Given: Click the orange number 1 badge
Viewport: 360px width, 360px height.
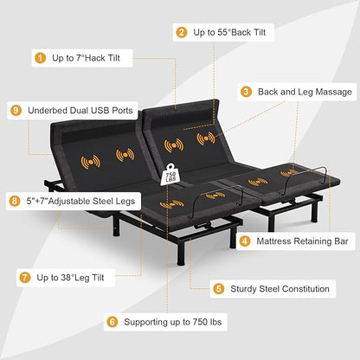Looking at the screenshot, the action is point(40,58).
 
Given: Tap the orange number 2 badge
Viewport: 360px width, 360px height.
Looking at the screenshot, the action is point(181,32).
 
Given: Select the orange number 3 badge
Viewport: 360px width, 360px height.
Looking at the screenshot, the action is point(246,92).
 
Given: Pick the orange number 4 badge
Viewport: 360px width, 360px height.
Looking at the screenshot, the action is point(245,241).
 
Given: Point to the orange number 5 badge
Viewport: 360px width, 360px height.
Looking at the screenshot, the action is point(218,289).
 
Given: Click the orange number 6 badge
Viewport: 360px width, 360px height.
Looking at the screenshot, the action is point(112,322).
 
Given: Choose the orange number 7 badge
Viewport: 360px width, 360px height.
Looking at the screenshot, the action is point(25,278).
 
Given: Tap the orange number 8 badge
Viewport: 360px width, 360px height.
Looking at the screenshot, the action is point(15,201).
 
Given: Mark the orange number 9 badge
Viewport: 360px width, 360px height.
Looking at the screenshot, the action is point(16,111).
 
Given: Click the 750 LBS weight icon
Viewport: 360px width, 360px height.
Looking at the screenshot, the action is point(170,175).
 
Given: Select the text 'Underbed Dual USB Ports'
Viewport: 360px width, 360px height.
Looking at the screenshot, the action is point(80,111).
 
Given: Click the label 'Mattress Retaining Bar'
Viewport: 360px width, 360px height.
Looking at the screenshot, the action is point(302,241).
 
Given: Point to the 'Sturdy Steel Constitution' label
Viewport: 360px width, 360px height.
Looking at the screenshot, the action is point(280,289).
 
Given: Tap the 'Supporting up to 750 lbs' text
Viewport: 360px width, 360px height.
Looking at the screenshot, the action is point(173,322).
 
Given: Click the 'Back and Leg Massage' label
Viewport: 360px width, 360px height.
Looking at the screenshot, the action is point(305,92).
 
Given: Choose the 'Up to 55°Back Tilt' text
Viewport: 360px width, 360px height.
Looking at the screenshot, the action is point(229,32).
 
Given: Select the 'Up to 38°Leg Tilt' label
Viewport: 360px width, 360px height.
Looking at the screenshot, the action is point(70,278).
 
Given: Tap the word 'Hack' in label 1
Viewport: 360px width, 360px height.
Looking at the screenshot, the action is point(91,58).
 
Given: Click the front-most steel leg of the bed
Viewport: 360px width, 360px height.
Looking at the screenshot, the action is point(180,253).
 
